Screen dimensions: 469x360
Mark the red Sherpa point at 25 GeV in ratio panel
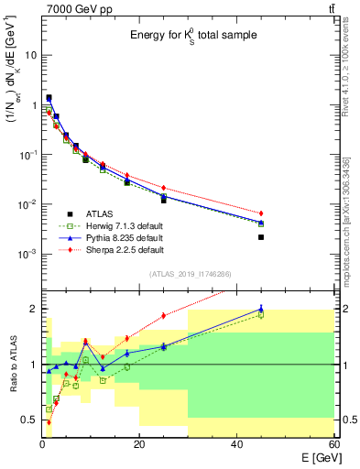tap(164, 315)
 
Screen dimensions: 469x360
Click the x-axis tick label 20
tap(139, 444)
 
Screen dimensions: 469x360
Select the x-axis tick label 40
tap(236, 444)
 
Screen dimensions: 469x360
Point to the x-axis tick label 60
tap(333, 444)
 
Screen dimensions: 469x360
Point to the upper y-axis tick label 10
tap(30, 55)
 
